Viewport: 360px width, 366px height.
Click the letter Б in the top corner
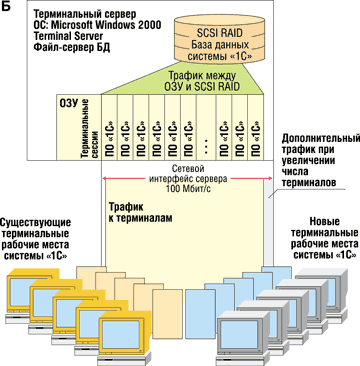click(7, 8)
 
